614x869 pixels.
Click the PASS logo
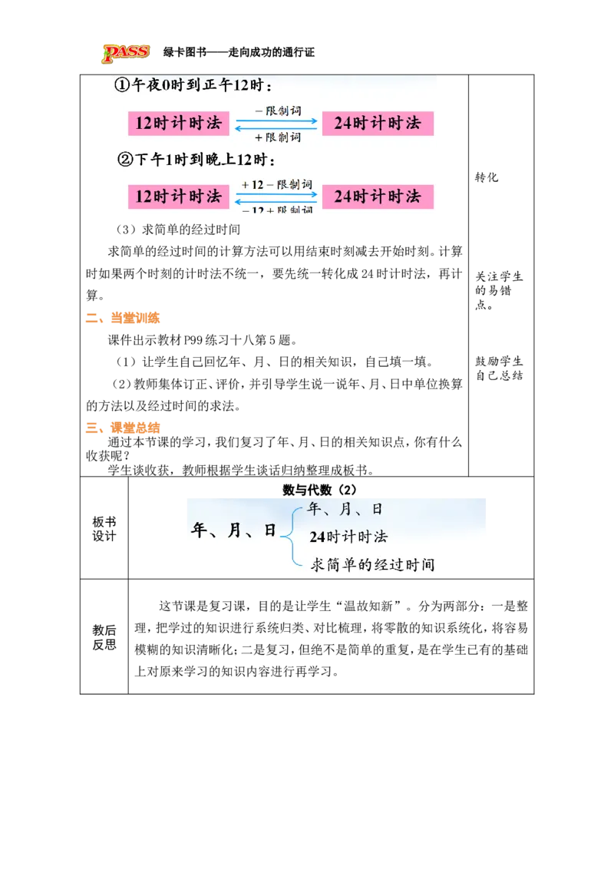click(126, 54)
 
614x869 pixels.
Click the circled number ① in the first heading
click(122, 86)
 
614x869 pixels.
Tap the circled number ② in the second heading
click(125, 160)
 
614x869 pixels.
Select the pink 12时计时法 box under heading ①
click(178, 123)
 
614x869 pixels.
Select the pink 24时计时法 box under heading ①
click(378, 123)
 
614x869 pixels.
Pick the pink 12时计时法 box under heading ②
click(178, 196)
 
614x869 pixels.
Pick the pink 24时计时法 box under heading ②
click(378, 196)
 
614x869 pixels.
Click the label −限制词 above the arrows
click(277, 110)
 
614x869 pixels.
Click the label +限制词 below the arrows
click(277, 137)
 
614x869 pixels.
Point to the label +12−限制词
click(276, 184)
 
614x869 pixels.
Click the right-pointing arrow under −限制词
click(276, 120)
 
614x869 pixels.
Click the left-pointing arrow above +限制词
click(276, 128)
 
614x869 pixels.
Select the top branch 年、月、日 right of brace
click(345, 509)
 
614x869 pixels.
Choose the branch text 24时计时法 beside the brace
click(348, 537)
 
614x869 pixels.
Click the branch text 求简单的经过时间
click(372, 565)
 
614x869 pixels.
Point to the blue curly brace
click(290, 535)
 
